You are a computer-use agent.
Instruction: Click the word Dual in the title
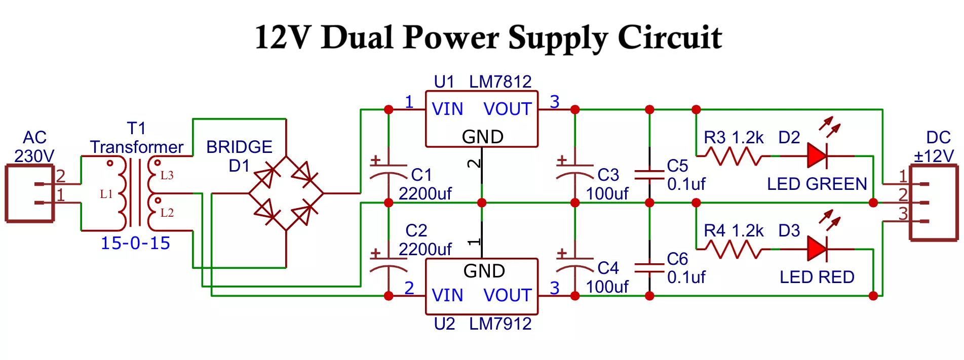click(357, 37)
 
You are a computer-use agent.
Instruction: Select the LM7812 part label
click(500, 82)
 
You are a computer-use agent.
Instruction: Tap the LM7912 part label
click(500, 324)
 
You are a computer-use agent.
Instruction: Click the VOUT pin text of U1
click(508, 109)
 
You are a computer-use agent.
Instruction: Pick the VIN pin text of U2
click(447, 295)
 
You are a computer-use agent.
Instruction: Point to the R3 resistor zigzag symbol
click(733, 156)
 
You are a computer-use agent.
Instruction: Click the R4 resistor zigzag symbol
click(733, 250)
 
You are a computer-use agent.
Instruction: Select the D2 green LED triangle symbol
click(817, 155)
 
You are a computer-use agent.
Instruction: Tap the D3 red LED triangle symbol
click(817, 249)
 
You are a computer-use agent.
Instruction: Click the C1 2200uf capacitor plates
click(389, 171)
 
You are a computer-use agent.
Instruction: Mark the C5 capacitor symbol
click(649, 175)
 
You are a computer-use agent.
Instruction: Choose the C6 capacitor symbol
click(649, 268)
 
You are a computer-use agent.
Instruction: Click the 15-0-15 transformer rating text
click(135, 244)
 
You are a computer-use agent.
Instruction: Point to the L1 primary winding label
click(106, 194)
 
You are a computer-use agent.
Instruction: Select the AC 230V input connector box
click(29, 193)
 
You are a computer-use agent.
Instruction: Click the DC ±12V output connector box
click(933, 203)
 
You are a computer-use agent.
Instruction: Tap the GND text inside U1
click(482, 137)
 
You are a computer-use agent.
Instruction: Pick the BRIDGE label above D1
click(239, 147)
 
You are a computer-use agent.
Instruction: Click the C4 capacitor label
click(608, 268)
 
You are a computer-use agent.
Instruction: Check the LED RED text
click(817, 277)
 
